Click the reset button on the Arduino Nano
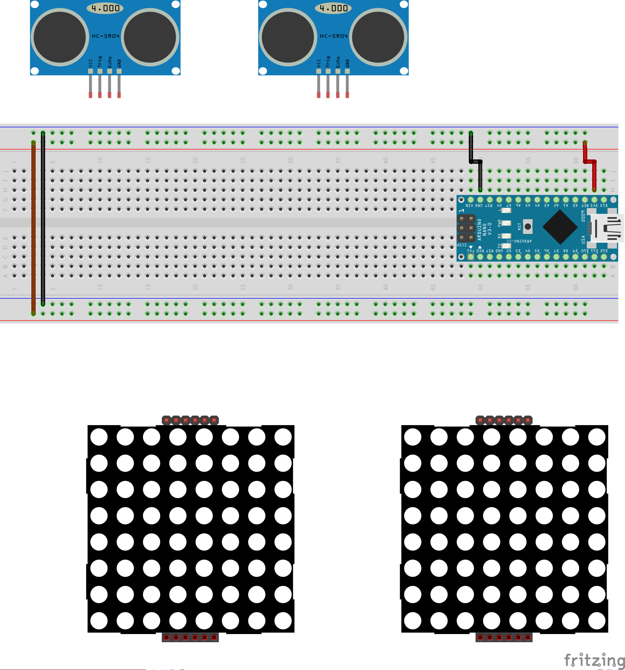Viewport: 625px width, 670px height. (527, 227)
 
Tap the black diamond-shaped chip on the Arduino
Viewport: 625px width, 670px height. (560, 227)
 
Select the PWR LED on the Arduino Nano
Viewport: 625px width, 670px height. (506, 223)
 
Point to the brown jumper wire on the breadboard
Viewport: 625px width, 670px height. (33, 226)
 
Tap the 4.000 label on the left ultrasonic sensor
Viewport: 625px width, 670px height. (105, 8)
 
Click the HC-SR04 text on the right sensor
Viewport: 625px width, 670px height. (333, 36)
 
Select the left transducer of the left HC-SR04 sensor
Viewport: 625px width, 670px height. (60, 37)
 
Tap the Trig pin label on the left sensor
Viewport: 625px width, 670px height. (100, 62)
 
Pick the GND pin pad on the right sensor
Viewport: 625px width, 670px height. (347, 71)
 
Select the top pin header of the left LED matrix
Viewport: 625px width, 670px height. (190, 420)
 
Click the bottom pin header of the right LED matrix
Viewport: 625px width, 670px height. (504, 637)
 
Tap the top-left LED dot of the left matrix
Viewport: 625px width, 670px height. (99, 437)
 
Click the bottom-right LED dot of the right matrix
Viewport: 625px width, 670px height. (596, 621)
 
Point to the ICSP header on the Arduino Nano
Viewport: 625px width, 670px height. (466, 228)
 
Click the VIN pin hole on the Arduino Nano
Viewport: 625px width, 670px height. (471, 200)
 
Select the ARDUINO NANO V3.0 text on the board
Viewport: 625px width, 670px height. (484, 229)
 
